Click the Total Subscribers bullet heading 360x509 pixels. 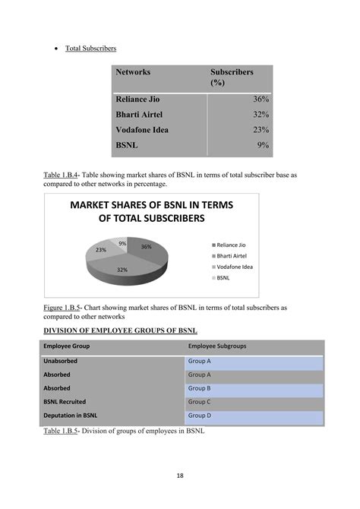coord(90,49)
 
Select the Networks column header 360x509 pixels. coord(133,72)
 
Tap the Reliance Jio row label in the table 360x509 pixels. coord(137,100)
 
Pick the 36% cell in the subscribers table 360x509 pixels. coord(261,100)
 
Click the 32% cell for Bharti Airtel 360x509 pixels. coord(261,115)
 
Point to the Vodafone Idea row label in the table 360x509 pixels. coord(142,130)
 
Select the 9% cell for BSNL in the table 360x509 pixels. coord(264,145)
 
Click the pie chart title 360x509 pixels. coord(151,211)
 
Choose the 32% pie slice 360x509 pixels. coord(122,267)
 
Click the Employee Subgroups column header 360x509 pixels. coord(217,346)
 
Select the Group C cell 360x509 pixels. coord(200,401)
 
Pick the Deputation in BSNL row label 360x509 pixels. coord(71,416)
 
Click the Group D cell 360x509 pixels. coord(200,416)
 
